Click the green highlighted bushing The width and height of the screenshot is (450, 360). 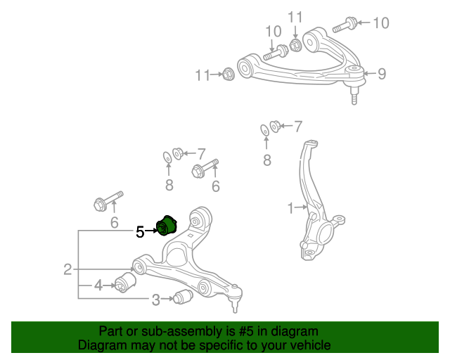click(x=167, y=225)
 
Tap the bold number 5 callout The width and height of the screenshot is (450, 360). click(x=140, y=231)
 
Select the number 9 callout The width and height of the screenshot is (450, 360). click(x=382, y=73)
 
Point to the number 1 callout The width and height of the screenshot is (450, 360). click(x=290, y=208)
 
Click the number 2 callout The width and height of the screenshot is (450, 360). click(x=67, y=269)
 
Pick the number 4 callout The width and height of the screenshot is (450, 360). click(x=98, y=285)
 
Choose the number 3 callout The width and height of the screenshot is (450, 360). click(x=155, y=300)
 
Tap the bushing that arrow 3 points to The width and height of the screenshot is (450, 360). click(x=183, y=297)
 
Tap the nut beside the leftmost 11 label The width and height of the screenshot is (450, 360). click(x=228, y=73)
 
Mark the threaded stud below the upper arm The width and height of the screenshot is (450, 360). click(x=355, y=96)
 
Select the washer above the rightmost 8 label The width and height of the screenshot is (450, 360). click(x=264, y=129)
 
